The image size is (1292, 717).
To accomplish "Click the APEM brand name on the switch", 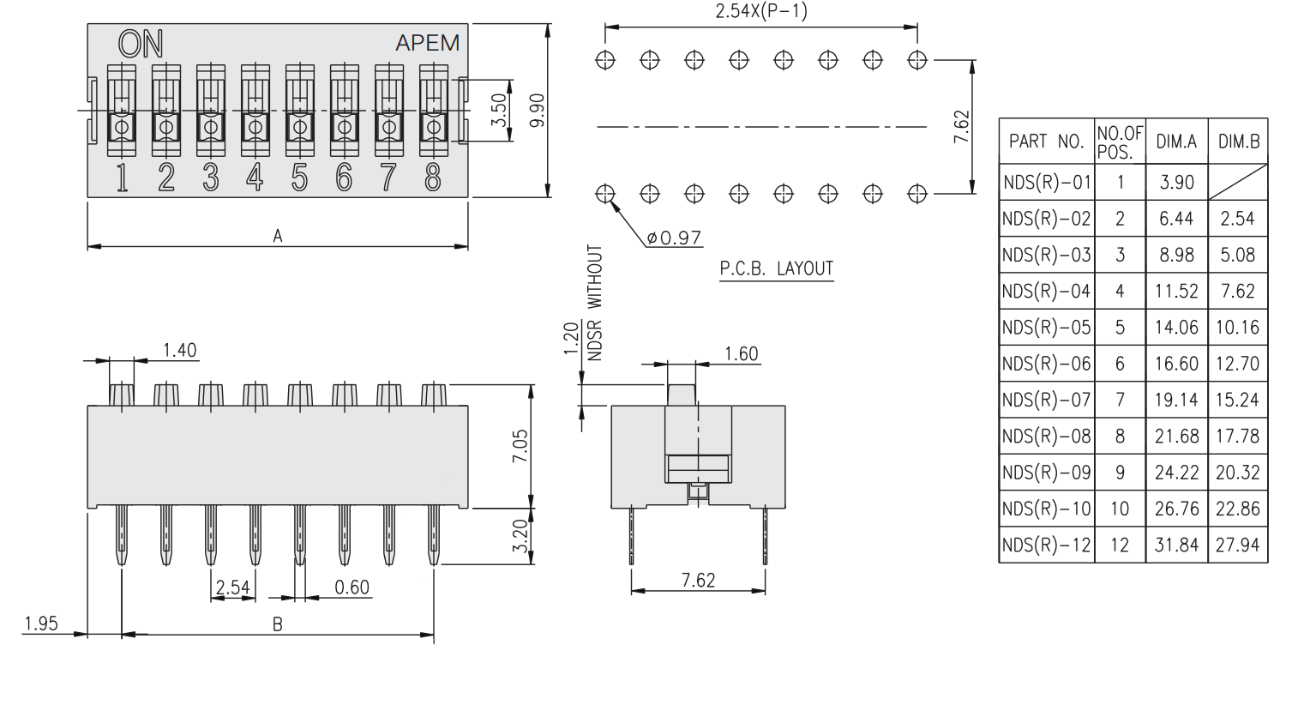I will tap(427, 43).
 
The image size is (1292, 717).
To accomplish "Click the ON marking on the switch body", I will tap(141, 45).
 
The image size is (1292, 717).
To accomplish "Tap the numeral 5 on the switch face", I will tap(299, 177).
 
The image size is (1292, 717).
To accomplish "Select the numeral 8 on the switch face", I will tap(433, 177).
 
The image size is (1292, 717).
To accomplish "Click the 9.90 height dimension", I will tap(537, 111).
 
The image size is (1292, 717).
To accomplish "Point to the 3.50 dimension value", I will tap(498, 111).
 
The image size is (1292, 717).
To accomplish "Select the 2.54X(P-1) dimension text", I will tap(760, 12).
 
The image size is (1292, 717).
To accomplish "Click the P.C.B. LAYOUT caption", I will tap(776, 268).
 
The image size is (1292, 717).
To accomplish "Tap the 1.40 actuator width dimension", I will tap(180, 350).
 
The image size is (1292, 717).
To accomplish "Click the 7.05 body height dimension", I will tap(520, 446).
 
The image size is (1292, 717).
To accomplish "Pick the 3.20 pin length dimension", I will tap(520, 536).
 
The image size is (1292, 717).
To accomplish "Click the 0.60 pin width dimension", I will tap(352, 587).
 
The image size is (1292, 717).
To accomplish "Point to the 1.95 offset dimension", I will tap(41, 624).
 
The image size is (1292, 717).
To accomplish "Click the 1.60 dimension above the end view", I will tap(741, 354).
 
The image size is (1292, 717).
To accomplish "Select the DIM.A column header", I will tap(1176, 142).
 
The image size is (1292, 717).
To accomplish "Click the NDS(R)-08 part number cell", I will tap(1046, 436).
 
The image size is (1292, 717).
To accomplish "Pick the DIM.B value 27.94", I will tap(1237, 545).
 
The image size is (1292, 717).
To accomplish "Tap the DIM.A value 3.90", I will tap(1176, 182).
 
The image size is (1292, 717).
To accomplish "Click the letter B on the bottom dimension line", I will tap(277, 624).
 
